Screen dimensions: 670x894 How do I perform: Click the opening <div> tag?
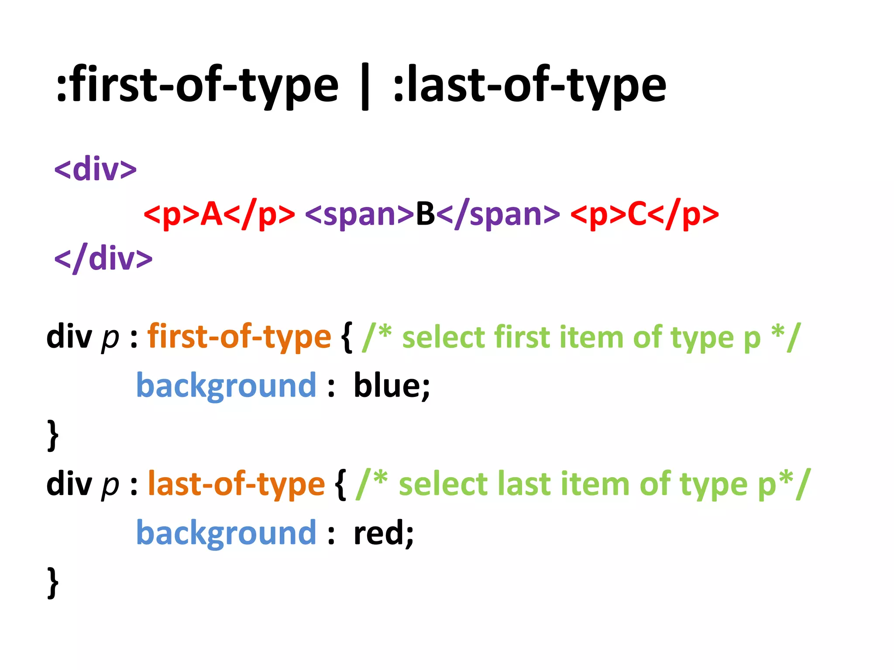point(95,169)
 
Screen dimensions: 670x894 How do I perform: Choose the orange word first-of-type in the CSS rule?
point(239,337)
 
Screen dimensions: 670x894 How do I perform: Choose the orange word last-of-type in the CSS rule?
point(236,484)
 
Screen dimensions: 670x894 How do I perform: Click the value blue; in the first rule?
point(392,386)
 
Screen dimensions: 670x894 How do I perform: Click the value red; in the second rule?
point(383,533)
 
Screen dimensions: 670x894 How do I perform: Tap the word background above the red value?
point(226,533)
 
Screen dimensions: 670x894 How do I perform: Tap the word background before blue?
point(226,386)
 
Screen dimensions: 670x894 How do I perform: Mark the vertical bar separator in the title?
point(365,86)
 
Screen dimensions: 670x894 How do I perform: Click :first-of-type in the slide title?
point(197,85)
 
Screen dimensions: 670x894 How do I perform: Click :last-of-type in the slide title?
point(529,85)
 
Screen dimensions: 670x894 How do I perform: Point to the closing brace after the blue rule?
point(53,435)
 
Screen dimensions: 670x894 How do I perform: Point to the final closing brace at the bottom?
point(53,582)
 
